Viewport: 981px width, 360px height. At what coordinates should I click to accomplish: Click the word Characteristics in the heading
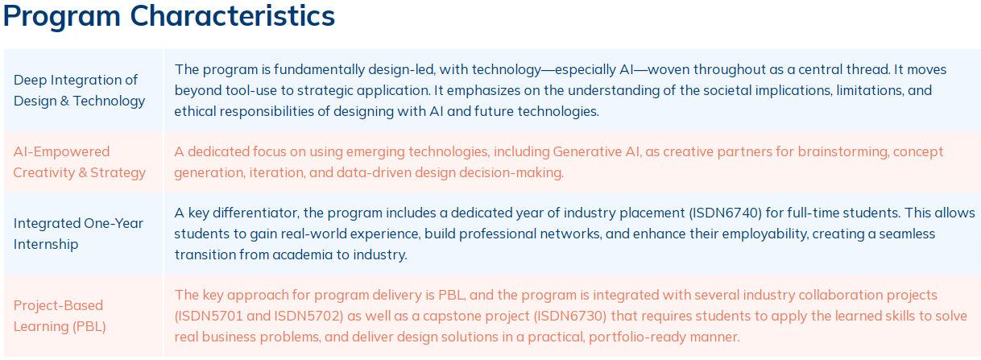pyautogui.click(x=232, y=16)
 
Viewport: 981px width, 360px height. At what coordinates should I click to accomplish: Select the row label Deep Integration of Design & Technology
pyautogui.click(x=79, y=90)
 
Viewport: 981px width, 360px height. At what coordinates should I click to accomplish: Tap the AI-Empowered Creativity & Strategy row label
pyautogui.click(x=79, y=162)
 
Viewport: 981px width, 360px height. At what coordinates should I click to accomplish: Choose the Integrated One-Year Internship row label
pyautogui.click(x=78, y=234)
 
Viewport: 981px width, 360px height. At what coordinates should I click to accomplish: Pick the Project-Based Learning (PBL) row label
pyautogui.click(x=60, y=316)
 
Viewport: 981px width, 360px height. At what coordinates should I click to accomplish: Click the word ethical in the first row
pyautogui.click(x=195, y=111)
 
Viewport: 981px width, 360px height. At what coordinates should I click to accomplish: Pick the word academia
pyautogui.click(x=302, y=254)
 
